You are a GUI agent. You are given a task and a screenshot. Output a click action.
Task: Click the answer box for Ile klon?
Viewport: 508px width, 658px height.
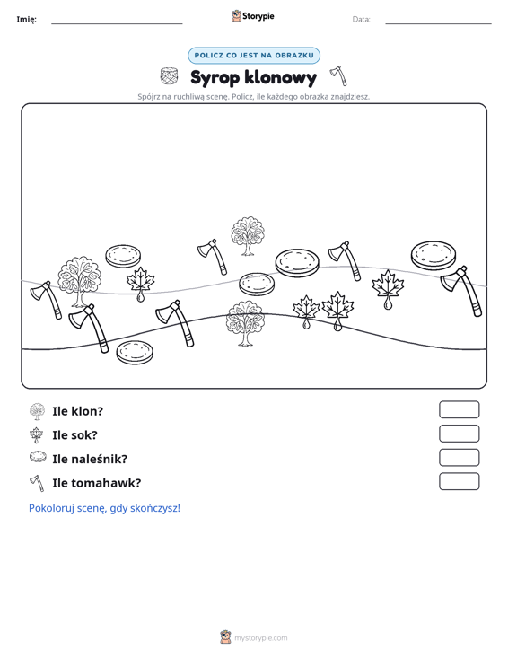(x=459, y=409)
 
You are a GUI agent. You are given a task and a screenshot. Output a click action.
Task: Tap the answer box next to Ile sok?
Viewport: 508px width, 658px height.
(x=459, y=434)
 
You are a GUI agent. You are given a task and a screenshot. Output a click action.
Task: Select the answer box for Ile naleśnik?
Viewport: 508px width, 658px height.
(x=459, y=458)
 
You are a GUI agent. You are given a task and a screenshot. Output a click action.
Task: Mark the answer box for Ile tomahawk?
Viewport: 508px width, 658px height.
(x=459, y=481)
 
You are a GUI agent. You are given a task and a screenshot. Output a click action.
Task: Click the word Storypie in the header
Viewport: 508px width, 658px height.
(x=258, y=16)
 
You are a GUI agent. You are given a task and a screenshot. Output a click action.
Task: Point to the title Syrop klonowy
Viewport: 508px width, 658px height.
(x=253, y=77)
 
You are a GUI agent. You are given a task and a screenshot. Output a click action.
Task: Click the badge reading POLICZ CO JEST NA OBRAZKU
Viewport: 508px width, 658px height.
(x=254, y=56)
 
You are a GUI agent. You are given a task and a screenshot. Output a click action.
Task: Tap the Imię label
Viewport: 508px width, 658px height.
(x=26, y=20)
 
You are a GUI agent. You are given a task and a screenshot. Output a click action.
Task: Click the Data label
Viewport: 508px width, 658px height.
(x=361, y=20)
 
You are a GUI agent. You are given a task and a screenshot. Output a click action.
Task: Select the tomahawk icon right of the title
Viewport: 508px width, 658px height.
(x=339, y=75)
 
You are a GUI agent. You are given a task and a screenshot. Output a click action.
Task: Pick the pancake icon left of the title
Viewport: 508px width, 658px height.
(x=169, y=76)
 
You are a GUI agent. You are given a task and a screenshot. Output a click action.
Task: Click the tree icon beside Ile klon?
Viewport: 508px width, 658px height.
(x=38, y=412)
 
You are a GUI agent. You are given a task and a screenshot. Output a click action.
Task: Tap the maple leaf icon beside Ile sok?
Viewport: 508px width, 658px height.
(x=37, y=435)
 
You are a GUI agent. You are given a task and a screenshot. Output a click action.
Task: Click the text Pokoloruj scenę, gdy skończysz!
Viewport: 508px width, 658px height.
(x=104, y=508)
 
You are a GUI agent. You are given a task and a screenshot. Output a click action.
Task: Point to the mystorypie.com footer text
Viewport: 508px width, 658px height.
(x=261, y=638)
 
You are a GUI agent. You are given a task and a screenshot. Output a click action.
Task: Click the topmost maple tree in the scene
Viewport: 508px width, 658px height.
(x=248, y=236)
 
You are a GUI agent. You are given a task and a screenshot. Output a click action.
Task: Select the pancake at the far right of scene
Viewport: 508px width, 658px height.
(x=434, y=255)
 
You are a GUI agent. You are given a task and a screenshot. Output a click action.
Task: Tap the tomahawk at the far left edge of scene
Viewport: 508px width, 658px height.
(x=46, y=299)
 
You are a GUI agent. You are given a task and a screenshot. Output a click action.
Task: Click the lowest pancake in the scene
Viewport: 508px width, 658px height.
(x=135, y=352)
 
